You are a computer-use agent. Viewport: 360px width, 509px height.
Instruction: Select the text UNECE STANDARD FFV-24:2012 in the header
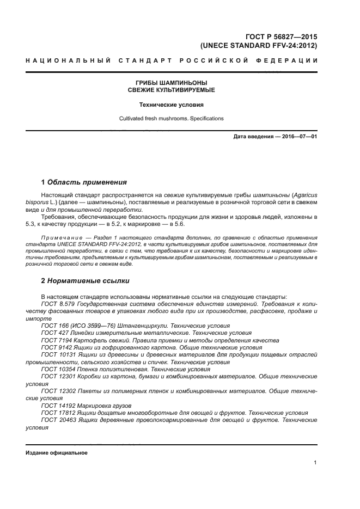[x=259, y=46]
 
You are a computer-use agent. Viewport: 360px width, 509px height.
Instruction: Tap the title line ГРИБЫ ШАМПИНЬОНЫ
[x=171, y=83]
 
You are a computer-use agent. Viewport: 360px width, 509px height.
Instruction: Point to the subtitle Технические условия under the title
[x=171, y=104]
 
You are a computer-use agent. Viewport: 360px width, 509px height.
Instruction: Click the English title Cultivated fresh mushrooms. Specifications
[x=171, y=118]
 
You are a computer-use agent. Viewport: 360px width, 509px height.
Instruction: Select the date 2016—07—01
[x=297, y=136]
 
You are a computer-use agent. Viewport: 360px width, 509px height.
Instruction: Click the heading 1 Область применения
[x=84, y=182]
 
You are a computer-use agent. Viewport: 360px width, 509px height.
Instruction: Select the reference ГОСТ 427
[x=53, y=333]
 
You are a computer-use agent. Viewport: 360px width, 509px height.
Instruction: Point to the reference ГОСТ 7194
[x=54, y=340]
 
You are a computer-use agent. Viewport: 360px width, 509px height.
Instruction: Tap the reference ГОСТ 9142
[x=54, y=347]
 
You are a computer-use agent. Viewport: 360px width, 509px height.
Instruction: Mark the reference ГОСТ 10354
[x=56, y=369]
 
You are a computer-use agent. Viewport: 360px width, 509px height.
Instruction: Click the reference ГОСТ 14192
[x=56, y=406]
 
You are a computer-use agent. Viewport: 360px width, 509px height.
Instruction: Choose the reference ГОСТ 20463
[x=57, y=420]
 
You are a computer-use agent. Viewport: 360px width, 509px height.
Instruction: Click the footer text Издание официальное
[x=57, y=453]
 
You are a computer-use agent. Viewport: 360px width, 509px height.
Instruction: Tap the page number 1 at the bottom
[x=315, y=463]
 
